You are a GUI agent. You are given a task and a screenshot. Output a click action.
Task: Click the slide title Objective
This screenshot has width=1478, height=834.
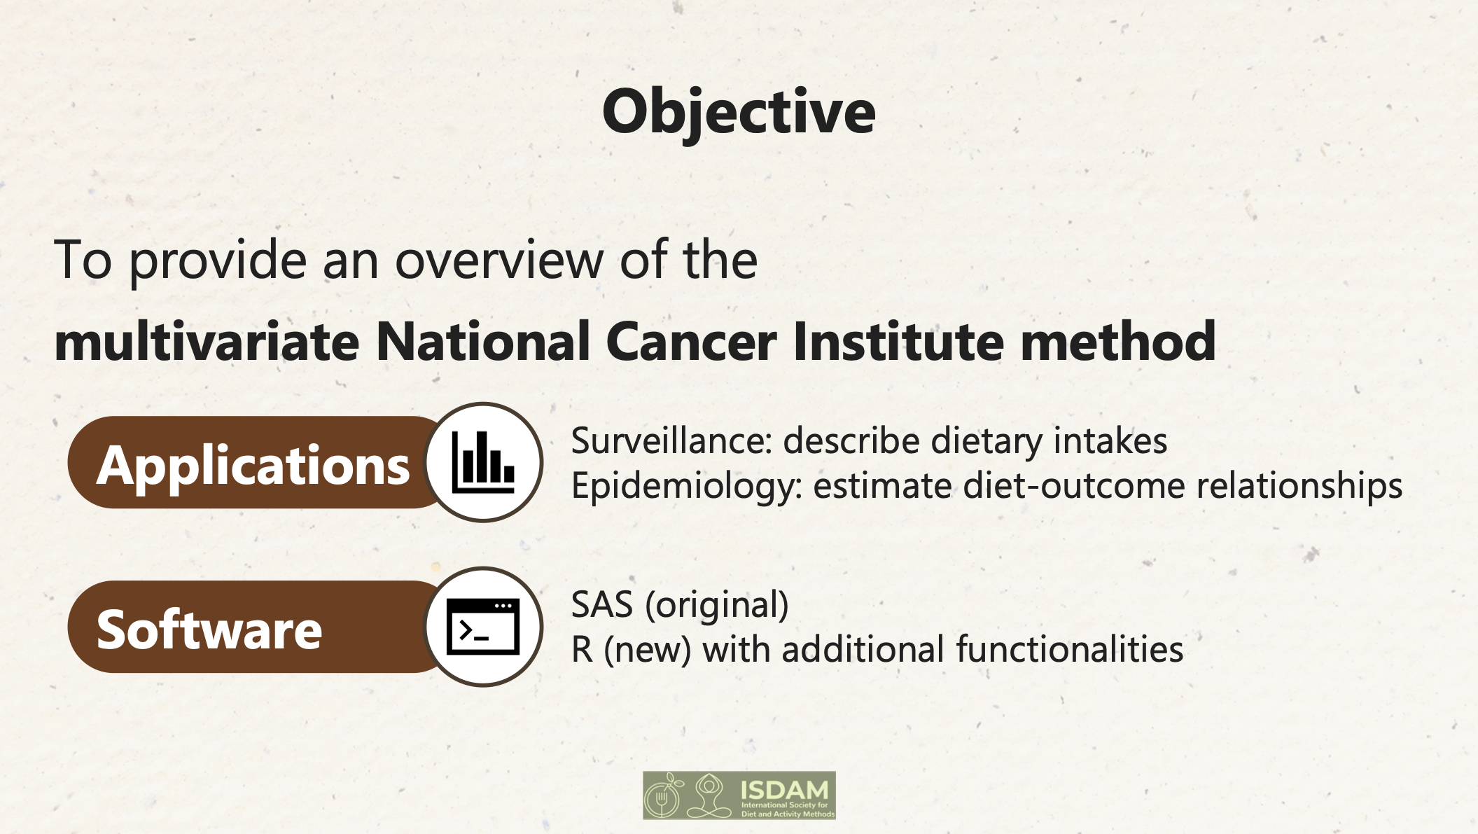(739, 112)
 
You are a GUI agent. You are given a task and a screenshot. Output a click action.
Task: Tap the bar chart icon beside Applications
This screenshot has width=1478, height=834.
(483, 462)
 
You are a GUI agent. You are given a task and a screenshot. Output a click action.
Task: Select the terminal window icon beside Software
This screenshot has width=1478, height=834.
(483, 626)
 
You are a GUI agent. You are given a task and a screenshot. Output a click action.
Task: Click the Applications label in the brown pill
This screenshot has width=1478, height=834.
(253, 466)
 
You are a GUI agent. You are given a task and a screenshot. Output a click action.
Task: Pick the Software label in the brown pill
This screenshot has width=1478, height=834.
(209, 630)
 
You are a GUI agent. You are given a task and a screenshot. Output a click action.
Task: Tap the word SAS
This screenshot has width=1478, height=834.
(602, 604)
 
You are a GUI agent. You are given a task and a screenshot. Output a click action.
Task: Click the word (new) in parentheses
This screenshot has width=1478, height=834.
(648, 650)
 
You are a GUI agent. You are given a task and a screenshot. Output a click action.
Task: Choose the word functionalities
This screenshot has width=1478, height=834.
(1070, 649)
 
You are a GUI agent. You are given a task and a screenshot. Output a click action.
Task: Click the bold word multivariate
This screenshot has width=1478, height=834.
(207, 341)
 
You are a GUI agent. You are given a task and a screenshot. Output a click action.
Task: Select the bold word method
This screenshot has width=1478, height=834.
(1118, 341)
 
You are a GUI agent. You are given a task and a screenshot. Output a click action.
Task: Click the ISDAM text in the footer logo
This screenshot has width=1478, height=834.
(784, 791)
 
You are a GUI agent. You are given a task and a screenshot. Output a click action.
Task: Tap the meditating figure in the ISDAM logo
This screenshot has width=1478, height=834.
(709, 795)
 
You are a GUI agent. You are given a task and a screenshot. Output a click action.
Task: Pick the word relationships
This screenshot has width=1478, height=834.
(1299, 487)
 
